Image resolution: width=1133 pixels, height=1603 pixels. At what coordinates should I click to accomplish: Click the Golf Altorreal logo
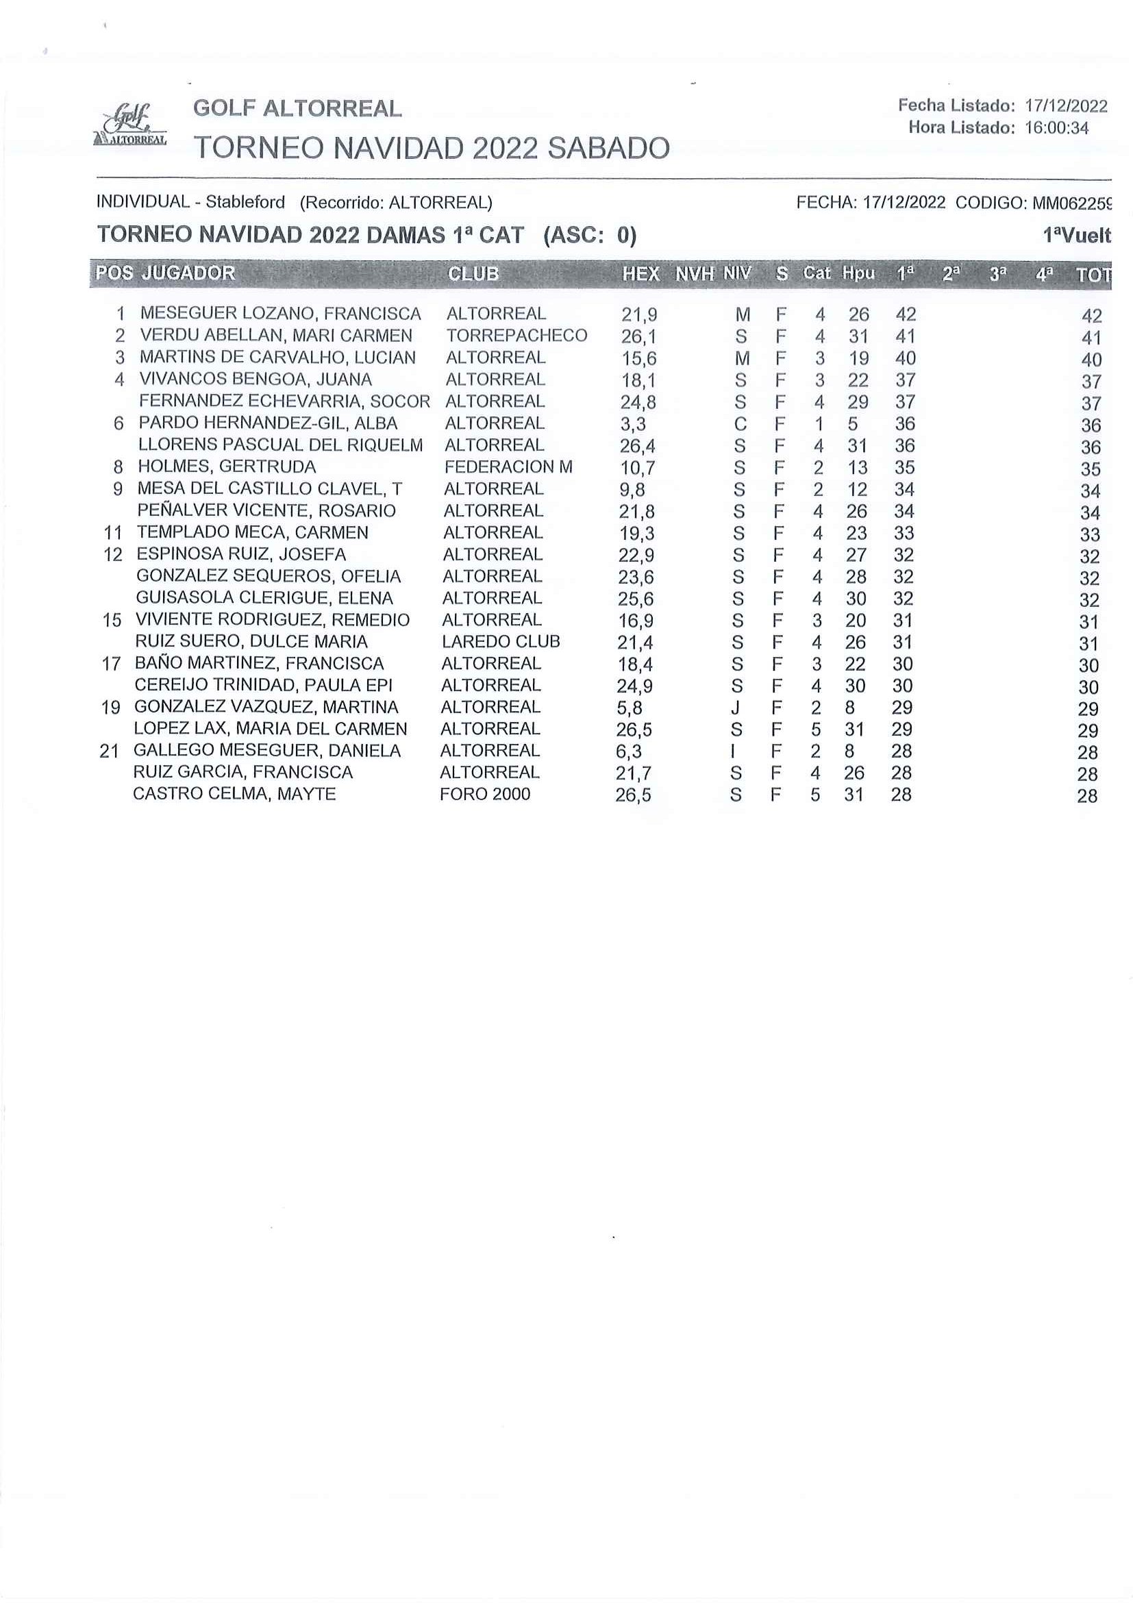pos(130,125)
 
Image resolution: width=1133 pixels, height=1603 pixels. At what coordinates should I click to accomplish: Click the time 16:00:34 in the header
pos(1056,128)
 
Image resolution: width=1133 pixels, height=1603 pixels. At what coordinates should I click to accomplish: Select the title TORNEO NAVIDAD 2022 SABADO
pos(432,148)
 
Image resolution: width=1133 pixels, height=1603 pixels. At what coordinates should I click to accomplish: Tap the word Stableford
pos(245,203)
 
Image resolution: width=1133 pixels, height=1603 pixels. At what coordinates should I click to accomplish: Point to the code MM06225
pos(1071,203)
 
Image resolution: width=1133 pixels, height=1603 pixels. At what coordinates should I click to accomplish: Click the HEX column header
pos(640,274)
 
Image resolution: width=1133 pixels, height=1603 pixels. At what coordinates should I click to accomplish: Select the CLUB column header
pos(473,274)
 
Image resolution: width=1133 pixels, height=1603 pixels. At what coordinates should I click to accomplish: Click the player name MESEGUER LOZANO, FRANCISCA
pos(281,314)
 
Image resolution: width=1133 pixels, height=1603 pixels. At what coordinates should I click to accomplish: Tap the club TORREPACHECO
pos(516,336)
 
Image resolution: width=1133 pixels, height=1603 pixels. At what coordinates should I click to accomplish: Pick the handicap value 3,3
pos(632,424)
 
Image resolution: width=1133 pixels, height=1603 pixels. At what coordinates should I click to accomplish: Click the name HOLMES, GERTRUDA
pos(227,467)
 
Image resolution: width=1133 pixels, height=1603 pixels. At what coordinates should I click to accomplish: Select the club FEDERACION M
pos(508,467)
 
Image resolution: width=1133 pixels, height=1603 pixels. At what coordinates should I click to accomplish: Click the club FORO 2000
pos(485,794)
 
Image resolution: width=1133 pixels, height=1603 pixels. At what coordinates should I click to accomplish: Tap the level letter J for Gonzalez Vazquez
pos(735,707)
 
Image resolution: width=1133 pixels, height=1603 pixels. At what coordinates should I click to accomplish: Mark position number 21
pos(110,751)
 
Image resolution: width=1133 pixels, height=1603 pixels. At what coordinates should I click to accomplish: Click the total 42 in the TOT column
pos(1091,316)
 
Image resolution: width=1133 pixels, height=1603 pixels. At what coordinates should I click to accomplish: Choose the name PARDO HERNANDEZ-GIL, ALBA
pos(268,423)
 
